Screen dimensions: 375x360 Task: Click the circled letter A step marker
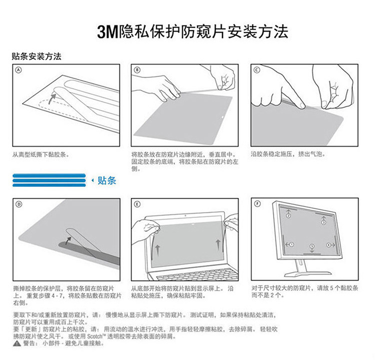click(18, 70)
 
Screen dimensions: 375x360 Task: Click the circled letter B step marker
click(137, 70)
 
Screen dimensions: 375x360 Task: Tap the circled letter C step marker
click(256, 70)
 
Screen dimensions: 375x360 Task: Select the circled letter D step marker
click(18, 204)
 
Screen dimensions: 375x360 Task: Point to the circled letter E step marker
click(137, 204)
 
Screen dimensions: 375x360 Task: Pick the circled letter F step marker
click(257, 204)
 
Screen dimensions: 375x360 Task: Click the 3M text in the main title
click(107, 32)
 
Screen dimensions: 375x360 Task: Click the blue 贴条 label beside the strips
click(107, 180)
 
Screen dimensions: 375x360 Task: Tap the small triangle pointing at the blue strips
click(93, 180)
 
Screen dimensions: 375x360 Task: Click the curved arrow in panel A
click(50, 98)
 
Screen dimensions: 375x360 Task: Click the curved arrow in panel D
click(67, 240)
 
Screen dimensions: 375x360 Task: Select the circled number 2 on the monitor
click(288, 216)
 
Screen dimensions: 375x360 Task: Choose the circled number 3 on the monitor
click(323, 222)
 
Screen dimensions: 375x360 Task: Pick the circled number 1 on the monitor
click(291, 244)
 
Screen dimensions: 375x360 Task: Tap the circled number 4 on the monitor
click(328, 245)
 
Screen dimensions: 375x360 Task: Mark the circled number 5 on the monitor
click(312, 246)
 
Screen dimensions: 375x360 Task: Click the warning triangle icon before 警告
click(16, 343)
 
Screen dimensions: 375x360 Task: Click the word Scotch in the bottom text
click(94, 336)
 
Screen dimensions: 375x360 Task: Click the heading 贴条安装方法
click(36, 56)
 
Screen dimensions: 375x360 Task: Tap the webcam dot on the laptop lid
click(185, 215)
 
